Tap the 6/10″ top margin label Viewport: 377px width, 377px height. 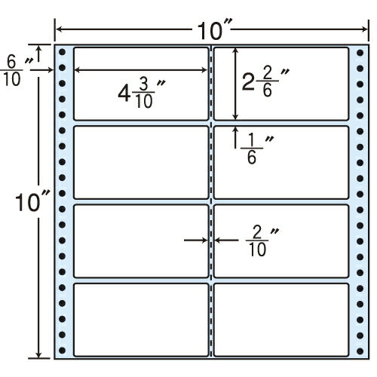[x=15, y=71]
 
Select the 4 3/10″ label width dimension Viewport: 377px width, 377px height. [x=142, y=93]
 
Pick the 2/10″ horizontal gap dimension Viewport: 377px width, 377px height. [x=262, y=242]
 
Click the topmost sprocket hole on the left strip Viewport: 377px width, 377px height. [x=62, y=53]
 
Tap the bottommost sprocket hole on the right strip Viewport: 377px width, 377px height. [x=360, y=351]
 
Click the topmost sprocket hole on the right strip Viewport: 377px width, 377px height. [x=360, y=53]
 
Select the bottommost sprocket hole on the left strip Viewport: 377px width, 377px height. [x=62, y=351]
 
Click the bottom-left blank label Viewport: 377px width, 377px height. [x=141, y=320]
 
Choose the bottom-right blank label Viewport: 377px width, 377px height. [x=281, y=320]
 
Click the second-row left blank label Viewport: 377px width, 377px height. [x=141, y=162]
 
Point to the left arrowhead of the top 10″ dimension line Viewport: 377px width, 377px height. [x=59, y=29]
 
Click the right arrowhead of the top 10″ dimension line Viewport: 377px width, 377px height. [x=364, y=29]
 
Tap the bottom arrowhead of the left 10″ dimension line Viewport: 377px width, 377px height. [x=38, y=354]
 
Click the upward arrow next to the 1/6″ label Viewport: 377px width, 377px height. [x=235, y=137]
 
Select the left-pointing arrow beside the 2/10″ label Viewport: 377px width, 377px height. [x=226, y=241]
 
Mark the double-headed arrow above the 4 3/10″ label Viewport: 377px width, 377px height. [x=141, y=70]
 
